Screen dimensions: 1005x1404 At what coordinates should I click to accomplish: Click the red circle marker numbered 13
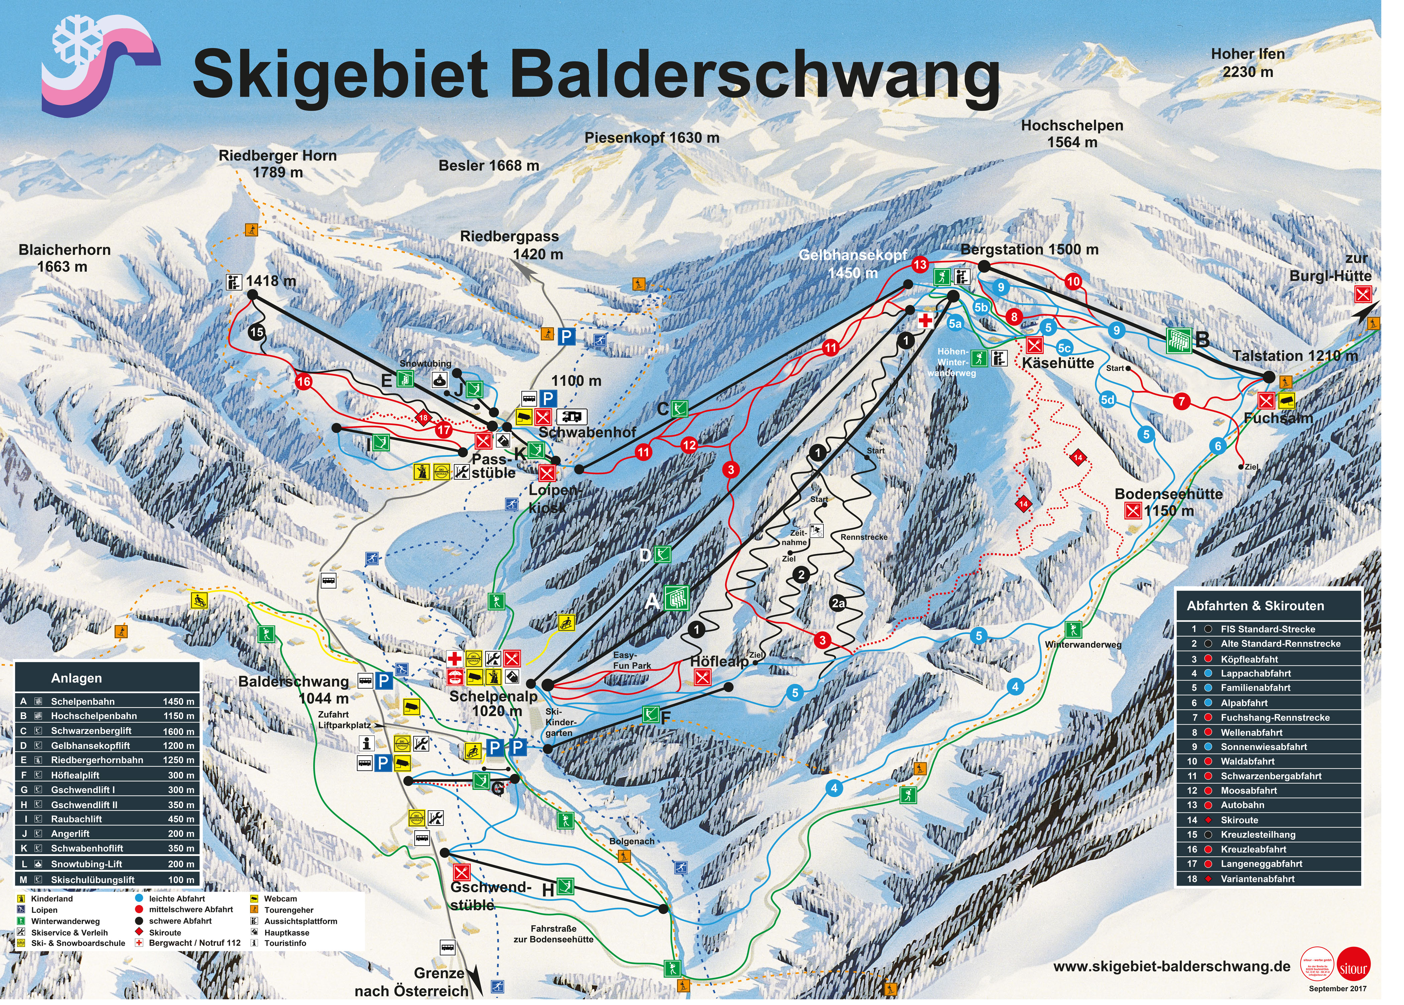pyautogui.click(x=920, y=265)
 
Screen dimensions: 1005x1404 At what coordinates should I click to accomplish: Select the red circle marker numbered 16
pyautogui.click(x=303, y=382)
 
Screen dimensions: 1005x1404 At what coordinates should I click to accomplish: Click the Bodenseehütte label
pyautogui.click(x=1168, y=494)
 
